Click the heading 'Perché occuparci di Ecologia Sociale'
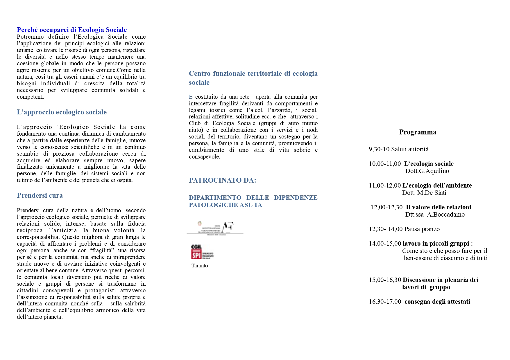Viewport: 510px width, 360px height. [72, 30]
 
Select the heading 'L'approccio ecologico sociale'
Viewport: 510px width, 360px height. [62, 112]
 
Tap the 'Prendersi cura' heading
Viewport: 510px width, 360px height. [40, 195]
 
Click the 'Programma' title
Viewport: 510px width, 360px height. [418, 132]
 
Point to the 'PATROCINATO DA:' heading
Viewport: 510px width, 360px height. [222, 180]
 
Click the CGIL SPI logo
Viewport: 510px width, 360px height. [202, 252]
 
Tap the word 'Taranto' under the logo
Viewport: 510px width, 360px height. [200, 266]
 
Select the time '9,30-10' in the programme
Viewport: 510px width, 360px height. [379, 149]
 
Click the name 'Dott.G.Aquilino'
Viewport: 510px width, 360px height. [427, 171]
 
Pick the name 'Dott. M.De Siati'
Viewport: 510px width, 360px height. [424, 193]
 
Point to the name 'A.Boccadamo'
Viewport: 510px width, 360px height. [445, 215]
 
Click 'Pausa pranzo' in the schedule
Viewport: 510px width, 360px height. [422, 229]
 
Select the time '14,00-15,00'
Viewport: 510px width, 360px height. [385, 244]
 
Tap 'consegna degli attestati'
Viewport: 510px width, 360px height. [437, 302]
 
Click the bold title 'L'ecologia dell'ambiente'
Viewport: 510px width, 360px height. [437, 186]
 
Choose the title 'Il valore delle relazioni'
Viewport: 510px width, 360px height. [438, 207]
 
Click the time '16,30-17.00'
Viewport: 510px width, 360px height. [385, 302]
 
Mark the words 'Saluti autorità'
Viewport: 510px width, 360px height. [410, 149]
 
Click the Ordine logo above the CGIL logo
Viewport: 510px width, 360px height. [215, 228]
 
